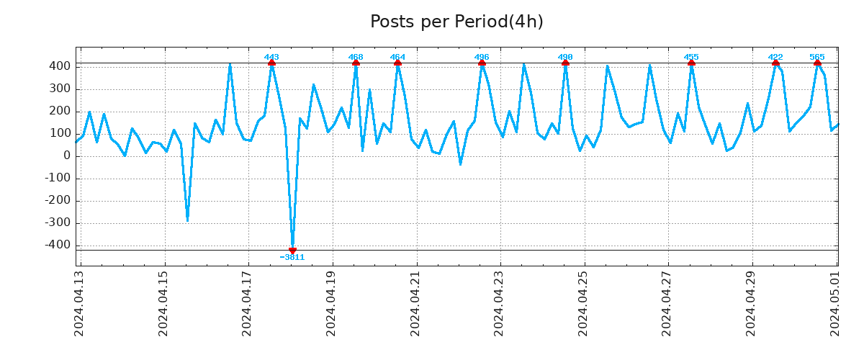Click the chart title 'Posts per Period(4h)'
pos(456,22)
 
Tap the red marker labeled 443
pos(271,63)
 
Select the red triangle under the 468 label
pos(356,63)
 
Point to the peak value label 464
pos(397,57)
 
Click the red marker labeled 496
pos(482,63)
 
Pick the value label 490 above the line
pos(565,57)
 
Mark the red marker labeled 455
pos(691,63)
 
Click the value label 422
pos(775,57)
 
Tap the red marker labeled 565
pos(817,63)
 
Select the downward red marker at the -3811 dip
pos(292,250)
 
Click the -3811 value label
pos(292,258)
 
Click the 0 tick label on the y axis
pos(67,156)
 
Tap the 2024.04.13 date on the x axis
pos(79,302)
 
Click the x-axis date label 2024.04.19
pos(331,302)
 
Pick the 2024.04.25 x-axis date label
pos(583,302)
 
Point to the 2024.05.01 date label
pos(835,302)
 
